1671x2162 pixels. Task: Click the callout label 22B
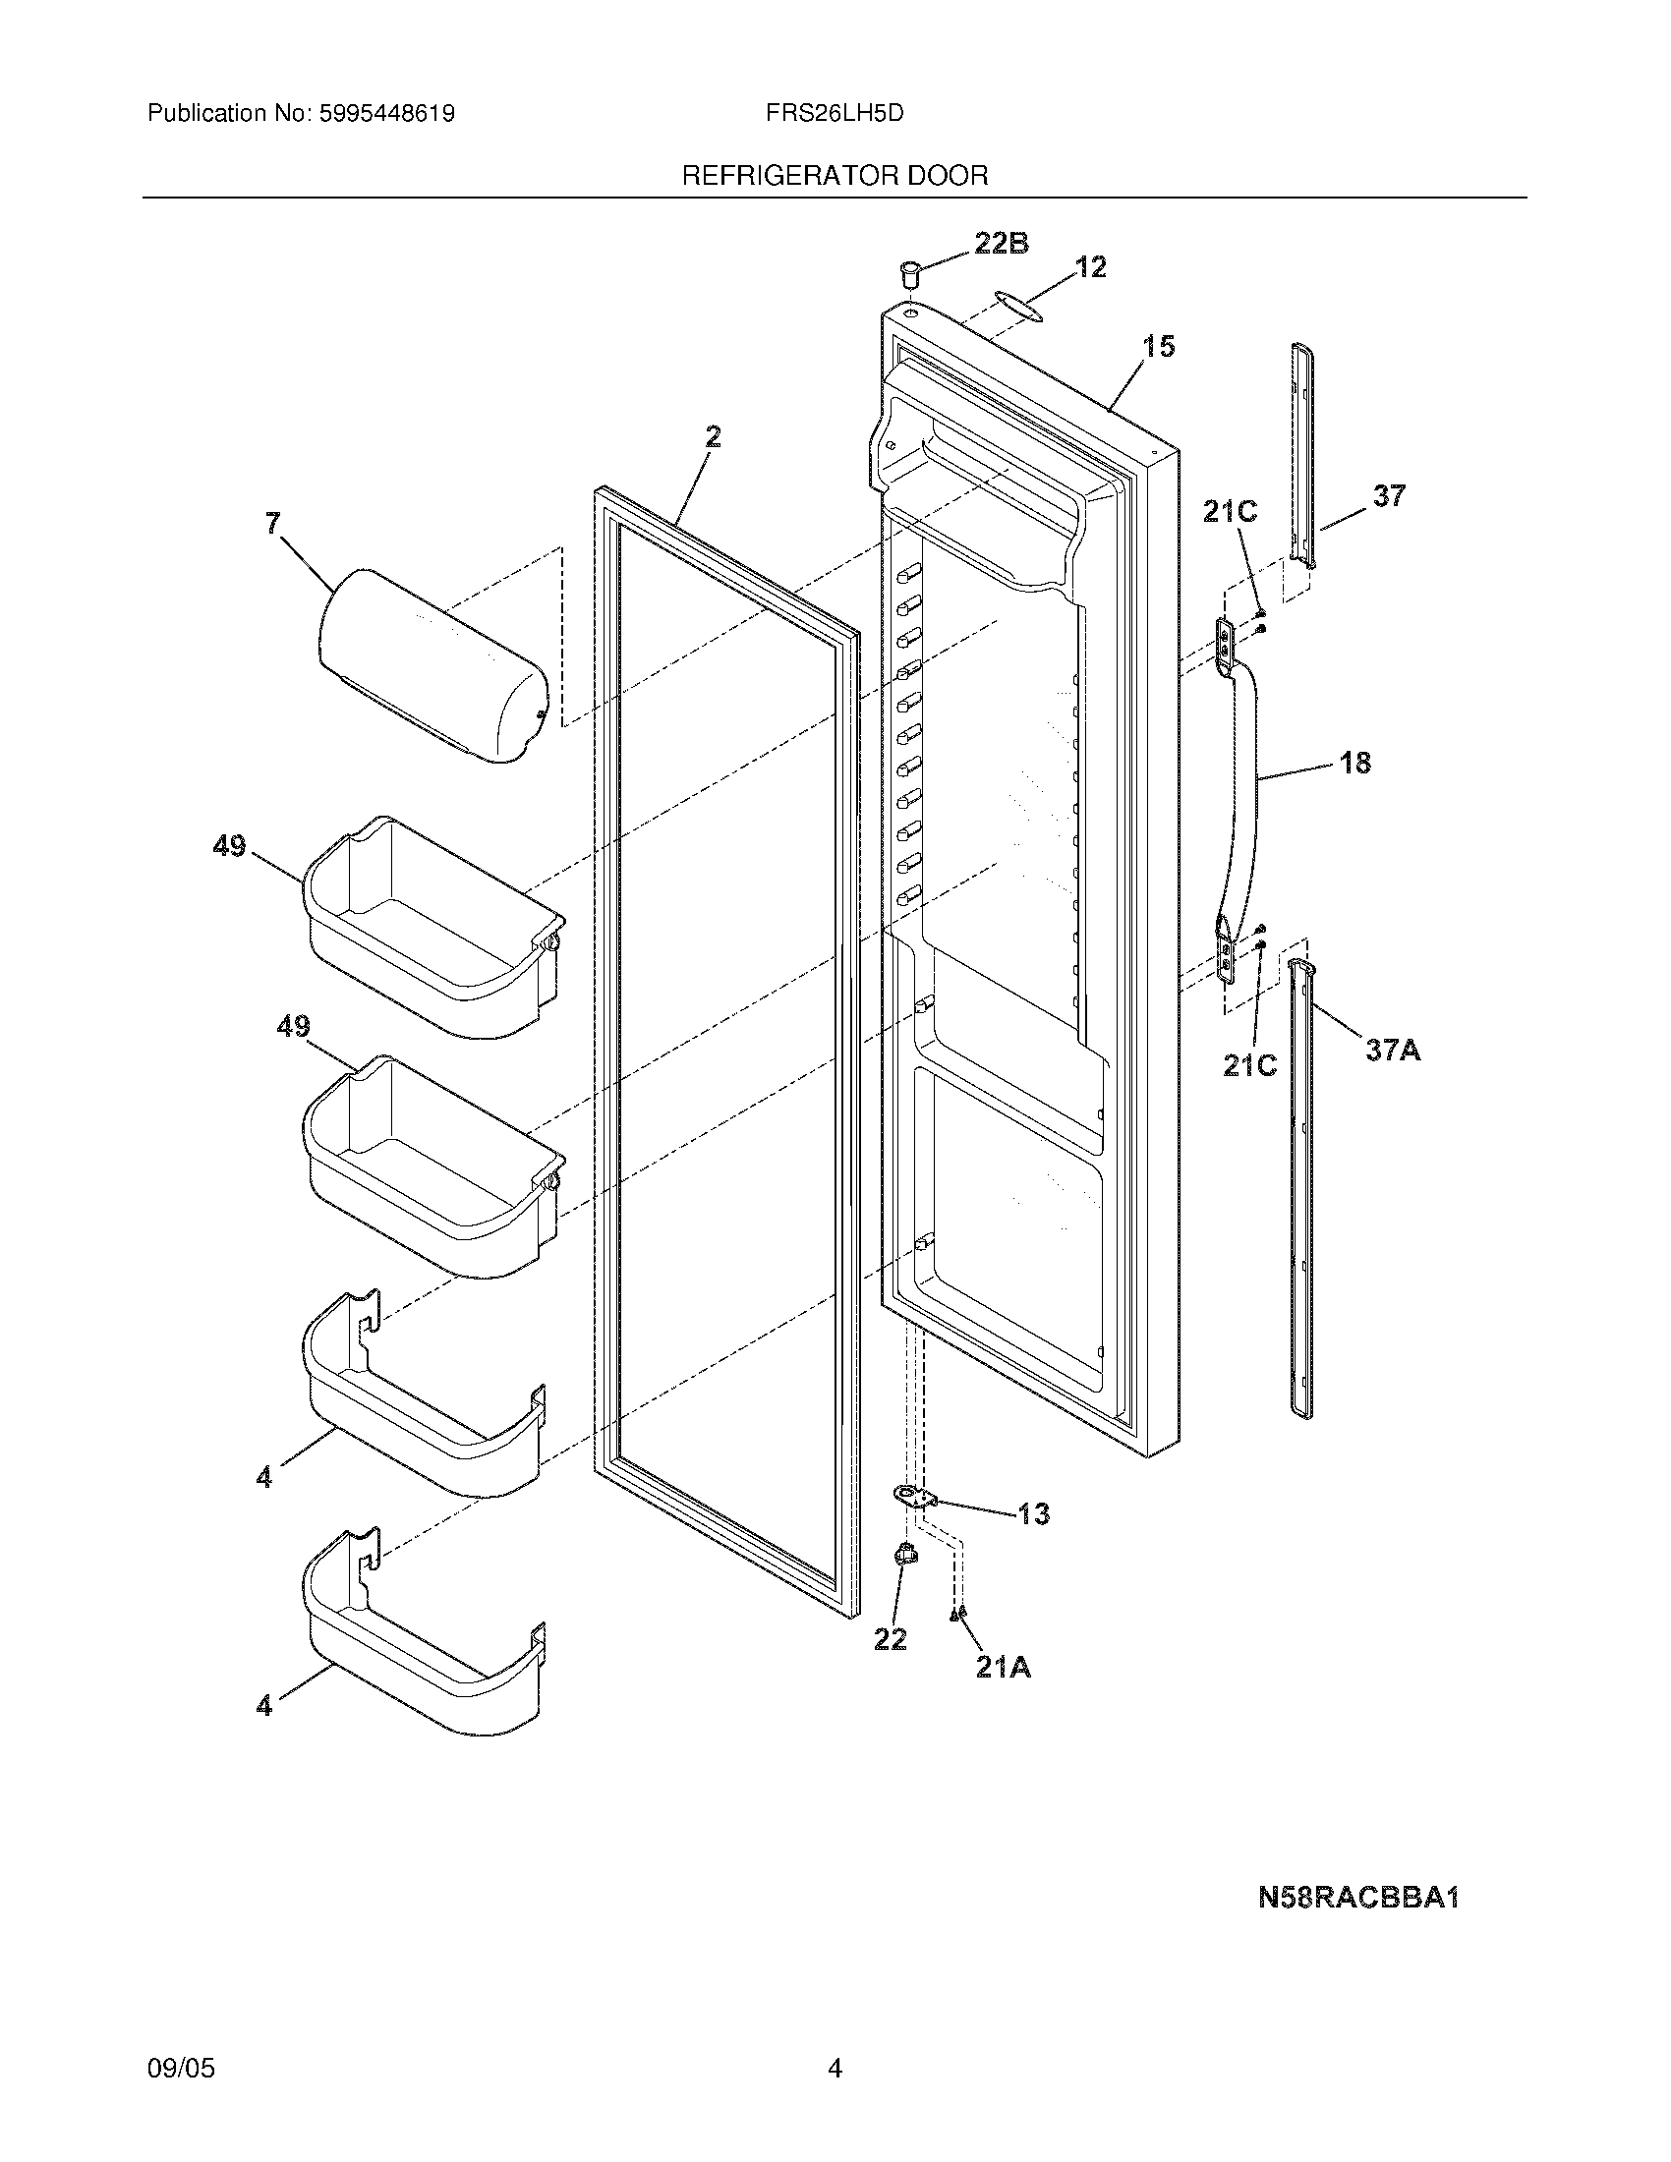(x=1001, y=243)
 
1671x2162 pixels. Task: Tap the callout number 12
(x=1090, y=266)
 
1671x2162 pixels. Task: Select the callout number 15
(x=1159, y=347)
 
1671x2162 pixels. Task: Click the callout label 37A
(x=1393, y=1050)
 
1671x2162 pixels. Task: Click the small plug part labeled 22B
(x=909, y=272)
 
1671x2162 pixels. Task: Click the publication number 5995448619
(x=386, y=114)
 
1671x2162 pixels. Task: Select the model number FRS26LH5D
(x=835, y=114)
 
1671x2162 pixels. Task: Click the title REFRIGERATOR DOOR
(x=835, y=176)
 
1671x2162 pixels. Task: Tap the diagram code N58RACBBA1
(x=1359, y=1899)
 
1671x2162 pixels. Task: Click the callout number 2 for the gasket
(x=713, y=436)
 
